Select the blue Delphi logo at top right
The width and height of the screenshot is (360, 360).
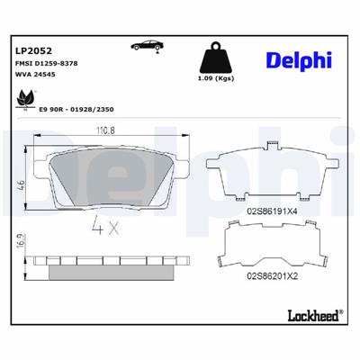click(297, 58)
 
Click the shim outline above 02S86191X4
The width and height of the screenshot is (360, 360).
click(270, 175)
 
